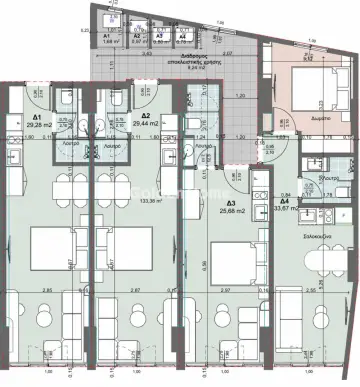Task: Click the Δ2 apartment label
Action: coord(146,116)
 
